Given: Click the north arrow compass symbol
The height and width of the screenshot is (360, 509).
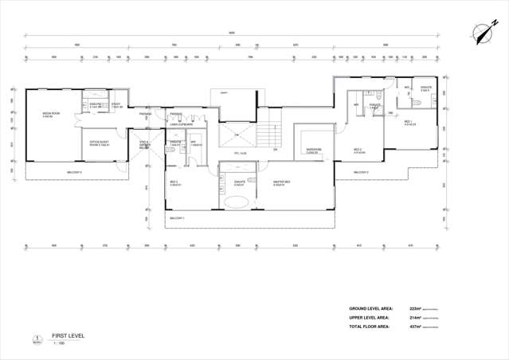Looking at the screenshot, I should [x=481, y=33].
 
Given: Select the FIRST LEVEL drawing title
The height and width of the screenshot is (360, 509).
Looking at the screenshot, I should [x=68, y=336].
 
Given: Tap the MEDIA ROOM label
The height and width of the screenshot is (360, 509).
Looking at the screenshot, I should [x=51, y=115].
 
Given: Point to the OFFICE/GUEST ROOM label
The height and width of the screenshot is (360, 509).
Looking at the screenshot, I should [x=100, y=143].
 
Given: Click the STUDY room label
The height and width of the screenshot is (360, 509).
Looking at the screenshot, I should [x=116, y=105].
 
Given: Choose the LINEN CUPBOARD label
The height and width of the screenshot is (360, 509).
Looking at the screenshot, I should [x=182, y=124].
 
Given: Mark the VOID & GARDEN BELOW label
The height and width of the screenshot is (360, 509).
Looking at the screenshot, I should [x=145, y=145].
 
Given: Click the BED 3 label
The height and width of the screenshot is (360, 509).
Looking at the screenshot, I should [x=174, y=182].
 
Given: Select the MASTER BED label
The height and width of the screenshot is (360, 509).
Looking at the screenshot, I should [x=281, y=182].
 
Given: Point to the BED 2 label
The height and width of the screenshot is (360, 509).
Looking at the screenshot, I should [x=358, y=150].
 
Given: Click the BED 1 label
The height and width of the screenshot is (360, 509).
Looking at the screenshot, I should [x=409, y=123].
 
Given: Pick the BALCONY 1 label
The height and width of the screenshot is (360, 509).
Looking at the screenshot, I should [x=177, y=217].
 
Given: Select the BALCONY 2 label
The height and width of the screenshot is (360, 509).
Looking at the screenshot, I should [x=361, y=171].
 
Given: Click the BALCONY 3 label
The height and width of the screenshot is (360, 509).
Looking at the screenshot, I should [x=74, y=171].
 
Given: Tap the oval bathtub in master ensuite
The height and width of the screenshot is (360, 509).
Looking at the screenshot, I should [x=238, y=202].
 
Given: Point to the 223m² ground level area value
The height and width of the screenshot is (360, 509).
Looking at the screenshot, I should [x=415, y=308].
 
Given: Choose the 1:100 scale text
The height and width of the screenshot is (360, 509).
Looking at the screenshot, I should [x=58, y=343].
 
